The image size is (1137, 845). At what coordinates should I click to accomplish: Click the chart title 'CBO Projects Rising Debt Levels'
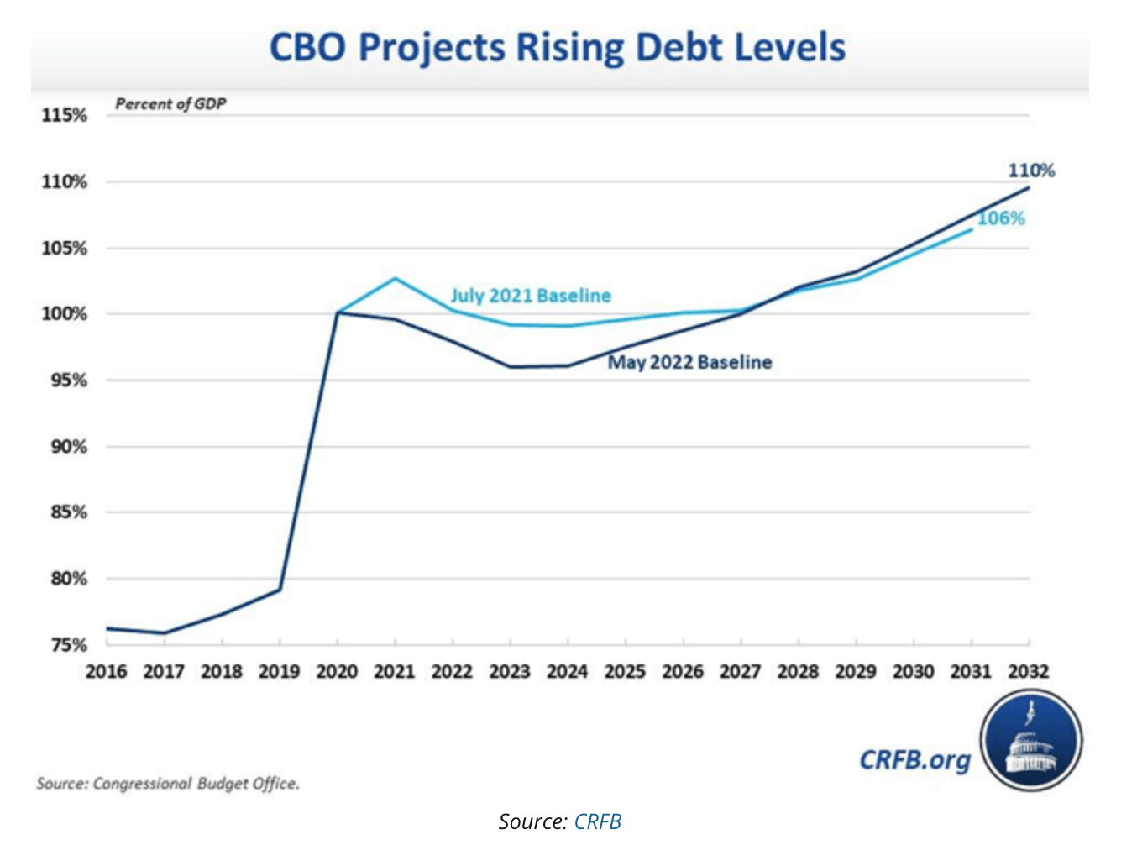coord(557,48)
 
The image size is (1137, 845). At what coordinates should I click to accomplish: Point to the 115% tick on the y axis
coord(65,115)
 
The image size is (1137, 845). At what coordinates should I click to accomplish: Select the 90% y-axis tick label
coord(68,447)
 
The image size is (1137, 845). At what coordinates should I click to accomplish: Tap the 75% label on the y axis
coord(68,645)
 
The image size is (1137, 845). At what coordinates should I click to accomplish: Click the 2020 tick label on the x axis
coord(337,672)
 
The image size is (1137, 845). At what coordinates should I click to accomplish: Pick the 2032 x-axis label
coord(1028,672)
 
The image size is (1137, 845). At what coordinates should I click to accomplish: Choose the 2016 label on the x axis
coord(107,672)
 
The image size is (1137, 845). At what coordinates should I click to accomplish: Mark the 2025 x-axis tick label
coord(625,672)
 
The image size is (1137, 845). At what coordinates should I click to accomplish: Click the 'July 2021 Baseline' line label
coord(531,296)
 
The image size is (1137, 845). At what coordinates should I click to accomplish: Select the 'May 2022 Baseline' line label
coord(689,362)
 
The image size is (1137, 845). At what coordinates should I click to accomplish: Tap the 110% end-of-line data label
coord(1031,171)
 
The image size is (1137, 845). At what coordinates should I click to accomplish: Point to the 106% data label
coord(1001,218)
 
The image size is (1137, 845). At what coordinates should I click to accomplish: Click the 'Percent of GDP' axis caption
coord(170,104)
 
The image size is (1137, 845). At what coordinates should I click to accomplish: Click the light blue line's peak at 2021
coord(395,278)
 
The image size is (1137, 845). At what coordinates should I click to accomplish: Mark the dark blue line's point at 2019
coord(280,590)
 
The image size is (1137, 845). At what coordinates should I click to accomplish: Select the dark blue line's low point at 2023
coord(511,367)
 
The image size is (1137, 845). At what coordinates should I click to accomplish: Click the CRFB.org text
coord(914,760)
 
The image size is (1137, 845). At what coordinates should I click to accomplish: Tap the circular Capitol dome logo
coord(1031,740)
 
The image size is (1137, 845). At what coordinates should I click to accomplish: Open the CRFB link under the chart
coord(598,821)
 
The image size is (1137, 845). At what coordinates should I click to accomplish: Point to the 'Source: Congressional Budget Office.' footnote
coord(168,784)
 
